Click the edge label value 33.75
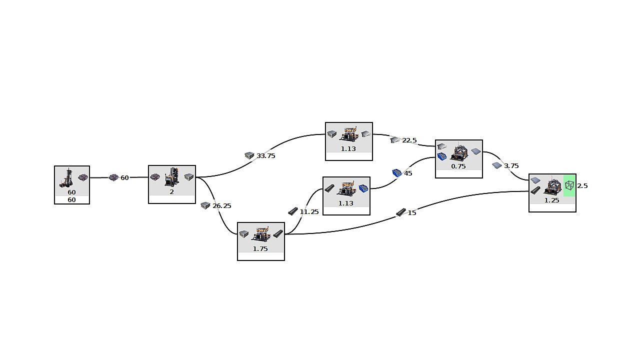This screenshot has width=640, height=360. point(266,156)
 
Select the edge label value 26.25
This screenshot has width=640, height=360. point(222,206)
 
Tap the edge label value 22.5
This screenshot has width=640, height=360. point(409,140)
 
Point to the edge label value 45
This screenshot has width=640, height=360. point(408,173)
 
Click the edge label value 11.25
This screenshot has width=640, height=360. point(309,212)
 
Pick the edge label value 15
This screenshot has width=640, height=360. point(412,213)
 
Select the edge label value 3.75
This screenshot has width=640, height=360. point(511,166)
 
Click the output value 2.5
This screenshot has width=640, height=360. point(582,186)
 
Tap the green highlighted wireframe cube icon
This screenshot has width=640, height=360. point(569,185)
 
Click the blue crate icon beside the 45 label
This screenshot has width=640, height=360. point(397,173)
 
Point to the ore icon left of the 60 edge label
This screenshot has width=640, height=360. point(113,177)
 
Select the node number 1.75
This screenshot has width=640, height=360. point(260,248)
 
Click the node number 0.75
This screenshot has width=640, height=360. point(458,166)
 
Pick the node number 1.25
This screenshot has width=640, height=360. point(552,200)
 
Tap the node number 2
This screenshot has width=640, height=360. point(171,191)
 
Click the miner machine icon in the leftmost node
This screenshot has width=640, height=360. point(67,178)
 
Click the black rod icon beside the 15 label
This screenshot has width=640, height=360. point(401,212)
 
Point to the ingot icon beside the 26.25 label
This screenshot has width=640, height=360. point(205,205)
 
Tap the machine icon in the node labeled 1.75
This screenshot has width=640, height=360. point(260,234)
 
